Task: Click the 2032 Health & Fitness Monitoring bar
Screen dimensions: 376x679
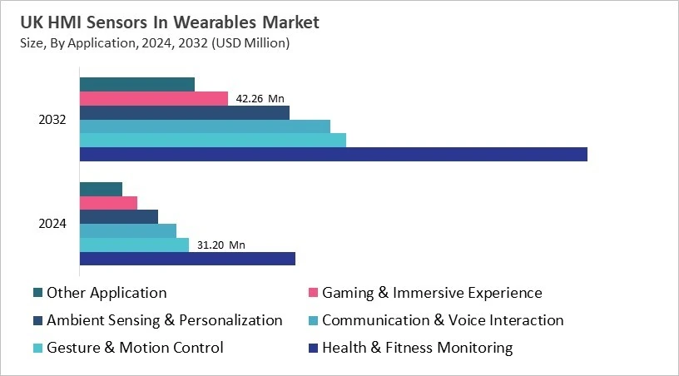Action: (x=333, y=154)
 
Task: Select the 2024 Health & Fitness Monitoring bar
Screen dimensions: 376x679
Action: (x=187, y=259)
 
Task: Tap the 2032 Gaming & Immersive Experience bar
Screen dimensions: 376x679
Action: (x=153, y=98)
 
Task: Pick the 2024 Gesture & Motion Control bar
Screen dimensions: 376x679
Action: (x=134, y=245)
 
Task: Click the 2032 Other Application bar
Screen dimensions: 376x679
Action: (x=136, y=84)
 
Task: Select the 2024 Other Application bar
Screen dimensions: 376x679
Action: (x=101, y=189)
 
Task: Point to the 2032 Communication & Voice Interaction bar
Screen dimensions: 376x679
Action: (x=205, y=126)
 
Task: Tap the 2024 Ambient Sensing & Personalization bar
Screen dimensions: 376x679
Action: (x=118, y=216)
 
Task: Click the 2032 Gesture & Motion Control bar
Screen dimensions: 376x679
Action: (x=212, y=140)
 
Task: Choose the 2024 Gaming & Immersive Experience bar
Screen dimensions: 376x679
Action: (x=108, y=203)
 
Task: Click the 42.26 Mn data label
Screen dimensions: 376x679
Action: (x=260, y=99)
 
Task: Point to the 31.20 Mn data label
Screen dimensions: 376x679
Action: (x=221, y=245)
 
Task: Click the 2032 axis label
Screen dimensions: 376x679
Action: (x=52, y=119)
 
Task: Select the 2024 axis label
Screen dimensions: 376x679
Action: (x=52, y=224)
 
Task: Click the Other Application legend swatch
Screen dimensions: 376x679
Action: (x=37, y=293)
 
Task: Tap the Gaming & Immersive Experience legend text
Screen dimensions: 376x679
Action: (x=432, y=293)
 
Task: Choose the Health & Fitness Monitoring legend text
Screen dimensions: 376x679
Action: (x=417, y=348)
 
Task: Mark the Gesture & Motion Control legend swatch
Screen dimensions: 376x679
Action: (x=37, y=348)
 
